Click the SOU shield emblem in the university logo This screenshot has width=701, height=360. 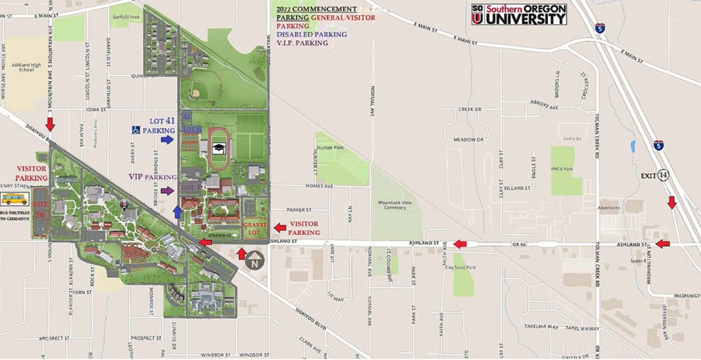point(477,15)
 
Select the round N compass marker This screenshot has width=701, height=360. point(254,260)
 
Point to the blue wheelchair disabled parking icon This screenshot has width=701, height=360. point(136,129)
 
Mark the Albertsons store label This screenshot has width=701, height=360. point(606,208)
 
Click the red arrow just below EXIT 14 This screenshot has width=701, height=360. point(672,203)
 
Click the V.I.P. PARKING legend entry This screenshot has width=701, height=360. point(302,43)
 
